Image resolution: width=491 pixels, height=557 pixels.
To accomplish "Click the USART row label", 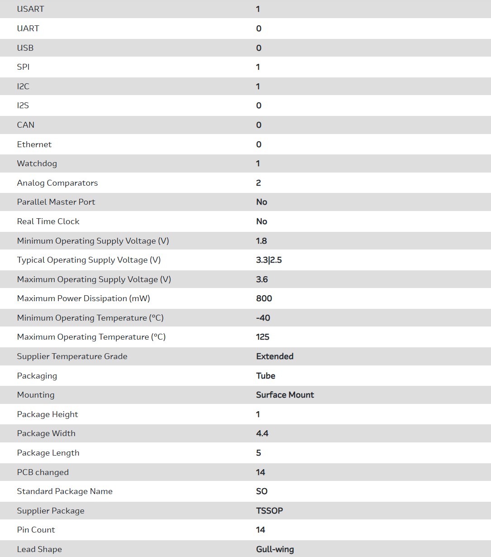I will click(x=30, y=9).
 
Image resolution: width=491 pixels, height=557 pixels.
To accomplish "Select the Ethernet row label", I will click(x=34, y=144).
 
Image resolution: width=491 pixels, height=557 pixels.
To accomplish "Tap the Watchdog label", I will click(x=37, y=163).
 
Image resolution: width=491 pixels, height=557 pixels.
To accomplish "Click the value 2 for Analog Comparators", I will click(x=258, y=183).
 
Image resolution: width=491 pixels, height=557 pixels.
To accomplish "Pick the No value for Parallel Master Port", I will click(x=262, y=202).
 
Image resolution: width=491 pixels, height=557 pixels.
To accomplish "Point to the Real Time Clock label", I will click(x=48, y=221).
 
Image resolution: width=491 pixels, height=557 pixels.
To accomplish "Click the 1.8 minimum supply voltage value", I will click(x=262, y=241).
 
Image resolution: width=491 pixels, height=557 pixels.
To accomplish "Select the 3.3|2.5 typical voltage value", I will click(x=269, y=260).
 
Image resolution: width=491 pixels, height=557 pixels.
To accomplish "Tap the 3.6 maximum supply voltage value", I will click(x=262, y=279).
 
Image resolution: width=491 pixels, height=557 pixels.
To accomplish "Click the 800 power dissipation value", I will click(x=264, y=298).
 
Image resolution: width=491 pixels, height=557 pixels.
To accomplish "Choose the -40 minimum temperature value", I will click(x=263, y=318).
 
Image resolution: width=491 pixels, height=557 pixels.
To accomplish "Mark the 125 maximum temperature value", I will click(x=262, y=337).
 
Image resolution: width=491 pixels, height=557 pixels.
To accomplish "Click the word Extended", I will click(x=275, y=356).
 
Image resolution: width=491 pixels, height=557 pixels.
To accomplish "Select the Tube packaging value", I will click(x=266, y=376).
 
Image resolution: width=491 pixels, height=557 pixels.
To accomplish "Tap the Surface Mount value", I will click(x=285, y=395).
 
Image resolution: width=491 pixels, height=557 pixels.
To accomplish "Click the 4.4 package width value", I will click(x=262, y=433).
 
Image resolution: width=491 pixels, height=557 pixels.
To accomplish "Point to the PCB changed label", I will click(x=43, y=472).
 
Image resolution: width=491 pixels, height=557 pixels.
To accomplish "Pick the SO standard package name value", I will click(x=262, y=491).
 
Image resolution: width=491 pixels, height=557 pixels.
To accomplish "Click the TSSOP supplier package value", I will click(x=269, y=511).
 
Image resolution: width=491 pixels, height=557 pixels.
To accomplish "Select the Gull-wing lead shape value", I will click(x=275, y=549).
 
